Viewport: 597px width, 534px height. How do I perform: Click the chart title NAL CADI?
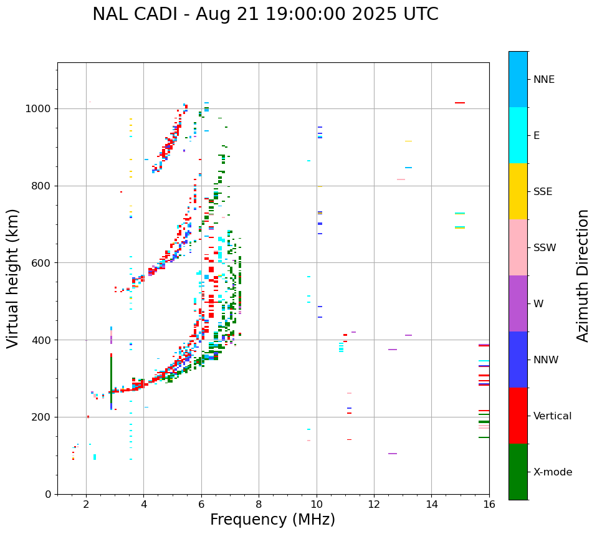tap(265, 14)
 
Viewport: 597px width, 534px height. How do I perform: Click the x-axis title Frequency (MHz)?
tap(272, 520)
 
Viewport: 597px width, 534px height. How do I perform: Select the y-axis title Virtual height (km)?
tap(13, 278)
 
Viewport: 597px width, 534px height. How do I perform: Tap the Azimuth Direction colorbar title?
tap(583, 275)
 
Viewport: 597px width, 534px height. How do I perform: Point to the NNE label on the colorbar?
tap(543, 80)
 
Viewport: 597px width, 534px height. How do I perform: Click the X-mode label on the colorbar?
tap(552, 472)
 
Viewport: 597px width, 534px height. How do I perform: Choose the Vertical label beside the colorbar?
tap(552, 416)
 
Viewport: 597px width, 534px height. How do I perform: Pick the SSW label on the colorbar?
tap(545, 248)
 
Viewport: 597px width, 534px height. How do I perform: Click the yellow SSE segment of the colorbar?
tap(518, 191)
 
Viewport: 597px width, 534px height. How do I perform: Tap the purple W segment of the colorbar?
tap(518, 303)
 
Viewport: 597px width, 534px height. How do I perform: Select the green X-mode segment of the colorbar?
tap(518, 472)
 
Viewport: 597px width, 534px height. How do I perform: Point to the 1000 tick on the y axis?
tap(40, 108)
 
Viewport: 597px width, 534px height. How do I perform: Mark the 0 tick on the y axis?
tap(49, 494)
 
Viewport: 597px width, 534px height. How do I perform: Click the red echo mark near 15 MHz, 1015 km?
tap(460, 103)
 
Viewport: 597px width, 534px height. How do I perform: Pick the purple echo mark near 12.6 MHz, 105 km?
tap(393, 454)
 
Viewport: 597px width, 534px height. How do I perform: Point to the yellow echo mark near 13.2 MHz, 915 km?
tap(408, 141)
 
